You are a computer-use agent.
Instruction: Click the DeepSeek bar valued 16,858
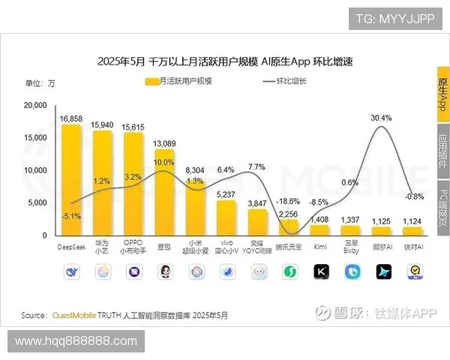[x=71, y=180]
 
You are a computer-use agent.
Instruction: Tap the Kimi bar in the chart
[x=319, y=229]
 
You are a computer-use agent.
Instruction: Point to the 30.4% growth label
[x=382, y=118]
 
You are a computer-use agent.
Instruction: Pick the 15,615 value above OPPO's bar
[x=133, y=127]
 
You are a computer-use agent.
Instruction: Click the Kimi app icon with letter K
[x=319, y=272]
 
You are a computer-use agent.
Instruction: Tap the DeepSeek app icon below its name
[x=71, y=272]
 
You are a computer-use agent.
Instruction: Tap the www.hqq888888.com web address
[x=76, y=341]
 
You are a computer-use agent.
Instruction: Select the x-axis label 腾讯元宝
[x=289, y=245]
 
